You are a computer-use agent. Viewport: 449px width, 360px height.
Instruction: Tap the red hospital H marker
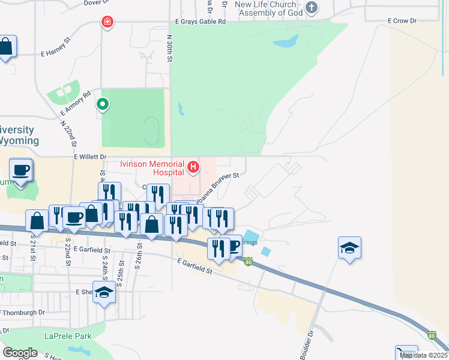(193, 167)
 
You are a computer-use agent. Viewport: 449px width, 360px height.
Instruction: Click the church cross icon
(310, 7)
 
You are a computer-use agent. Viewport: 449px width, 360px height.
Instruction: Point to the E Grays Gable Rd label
(200, 22)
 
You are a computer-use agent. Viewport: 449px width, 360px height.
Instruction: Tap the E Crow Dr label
(402, 21)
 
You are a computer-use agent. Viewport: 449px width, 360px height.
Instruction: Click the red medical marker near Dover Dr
(107, 22)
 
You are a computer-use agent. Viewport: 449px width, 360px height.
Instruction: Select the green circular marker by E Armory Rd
(103, 104)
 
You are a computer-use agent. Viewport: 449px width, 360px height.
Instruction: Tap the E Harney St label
(56, 53)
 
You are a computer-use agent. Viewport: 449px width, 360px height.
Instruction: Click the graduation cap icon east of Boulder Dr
(349, 248)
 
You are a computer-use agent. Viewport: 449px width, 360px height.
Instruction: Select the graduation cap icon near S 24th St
(104, 292)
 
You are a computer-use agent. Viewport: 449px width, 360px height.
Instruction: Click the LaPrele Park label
(68, 336)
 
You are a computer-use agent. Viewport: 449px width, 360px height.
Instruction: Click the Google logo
(20, 353)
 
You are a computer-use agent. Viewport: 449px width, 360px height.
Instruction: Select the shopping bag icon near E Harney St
(6, 47)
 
